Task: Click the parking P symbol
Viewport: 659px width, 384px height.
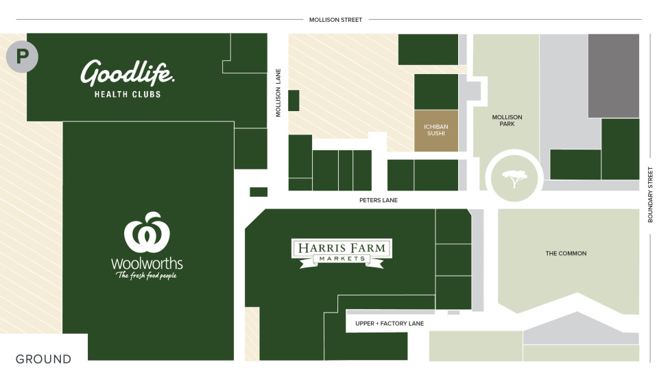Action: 22,56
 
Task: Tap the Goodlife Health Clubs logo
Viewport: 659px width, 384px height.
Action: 128,72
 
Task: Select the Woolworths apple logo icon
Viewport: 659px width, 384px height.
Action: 147,233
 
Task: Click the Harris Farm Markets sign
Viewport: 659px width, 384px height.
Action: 341,252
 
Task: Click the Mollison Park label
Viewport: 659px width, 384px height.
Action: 507,121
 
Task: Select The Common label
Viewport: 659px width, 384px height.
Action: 566,254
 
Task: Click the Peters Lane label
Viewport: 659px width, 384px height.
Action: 378,200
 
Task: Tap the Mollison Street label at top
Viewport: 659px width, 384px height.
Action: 335,20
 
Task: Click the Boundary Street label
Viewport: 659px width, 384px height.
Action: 650,195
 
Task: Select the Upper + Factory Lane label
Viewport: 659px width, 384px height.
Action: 390,323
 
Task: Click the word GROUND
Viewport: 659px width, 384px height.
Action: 43,359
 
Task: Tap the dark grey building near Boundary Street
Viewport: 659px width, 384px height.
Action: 613,75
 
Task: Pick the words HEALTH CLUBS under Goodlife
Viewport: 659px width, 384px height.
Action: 128,95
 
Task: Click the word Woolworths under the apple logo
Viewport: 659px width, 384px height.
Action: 147,263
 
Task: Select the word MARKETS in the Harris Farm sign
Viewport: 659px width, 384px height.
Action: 341,259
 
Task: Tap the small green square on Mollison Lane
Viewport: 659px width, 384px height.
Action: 293,100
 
